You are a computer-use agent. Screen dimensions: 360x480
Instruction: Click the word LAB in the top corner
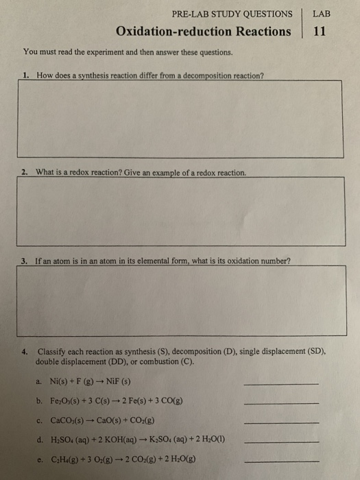tap(320, 13)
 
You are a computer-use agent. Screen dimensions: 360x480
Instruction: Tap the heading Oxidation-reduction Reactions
tap(204, 32)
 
